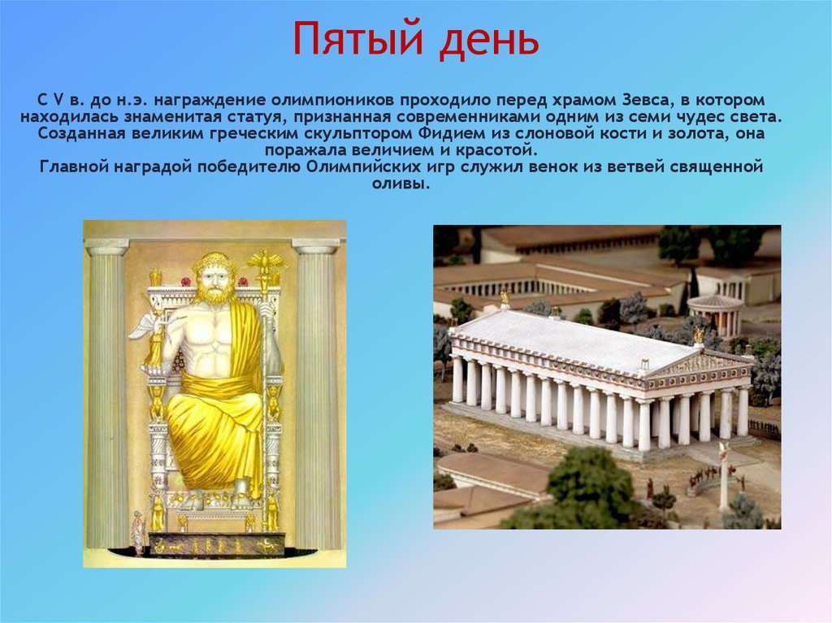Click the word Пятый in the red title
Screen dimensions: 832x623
(359, 39)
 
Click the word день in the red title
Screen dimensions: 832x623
(488, 39)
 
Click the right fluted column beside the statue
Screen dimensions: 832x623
(316, 392)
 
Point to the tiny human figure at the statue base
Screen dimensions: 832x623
(137, 532)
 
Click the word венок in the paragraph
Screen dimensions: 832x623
(542, 167)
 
